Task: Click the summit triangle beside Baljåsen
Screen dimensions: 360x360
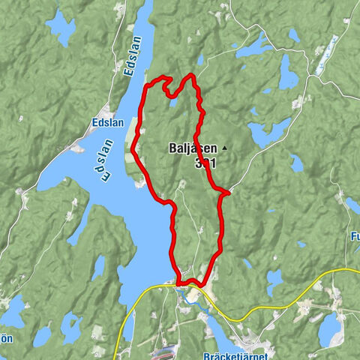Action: [223, 148]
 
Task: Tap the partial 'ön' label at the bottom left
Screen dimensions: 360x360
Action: [6, 338]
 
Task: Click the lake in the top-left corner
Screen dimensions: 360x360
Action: [61, 27]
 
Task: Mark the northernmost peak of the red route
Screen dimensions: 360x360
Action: [192, 74]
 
